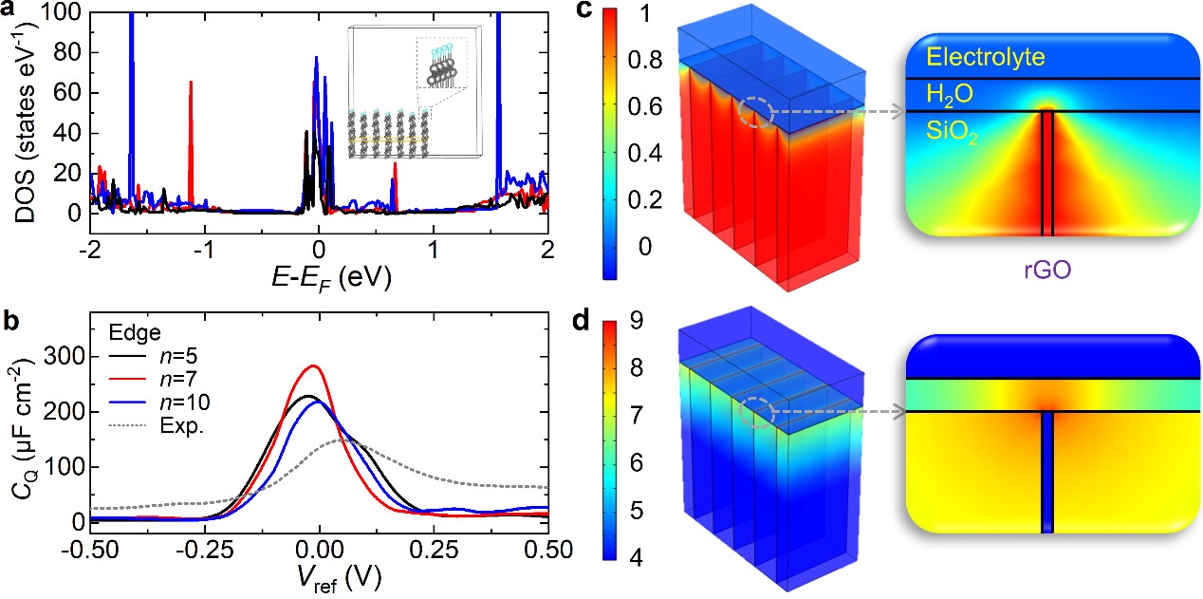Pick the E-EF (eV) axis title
[319, 277]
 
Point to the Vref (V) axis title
[319, 580]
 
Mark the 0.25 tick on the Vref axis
[435, 550]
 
